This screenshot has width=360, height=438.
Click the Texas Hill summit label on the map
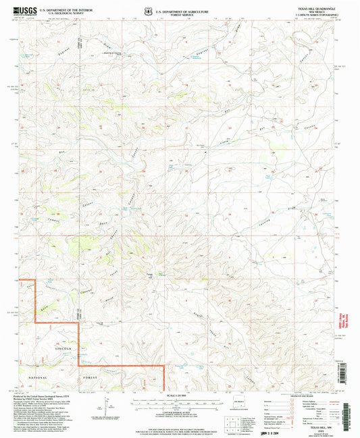pyautogui.click(x=152, y=274)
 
